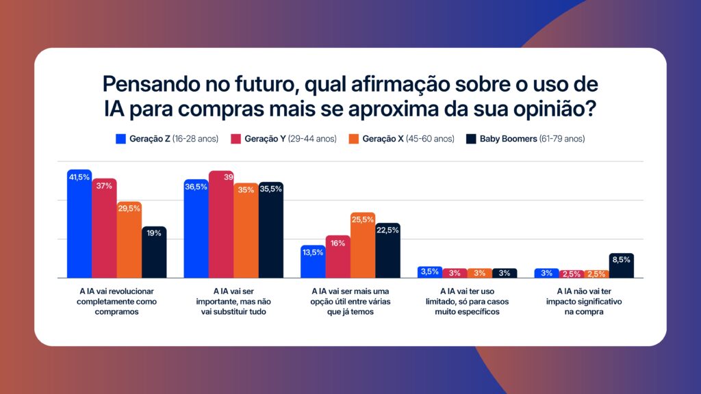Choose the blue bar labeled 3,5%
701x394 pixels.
pos(430,272)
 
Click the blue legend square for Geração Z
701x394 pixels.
pos(120,139)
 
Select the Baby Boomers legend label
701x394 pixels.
pos(532,139)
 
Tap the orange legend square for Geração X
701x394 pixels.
pos(353,139)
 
